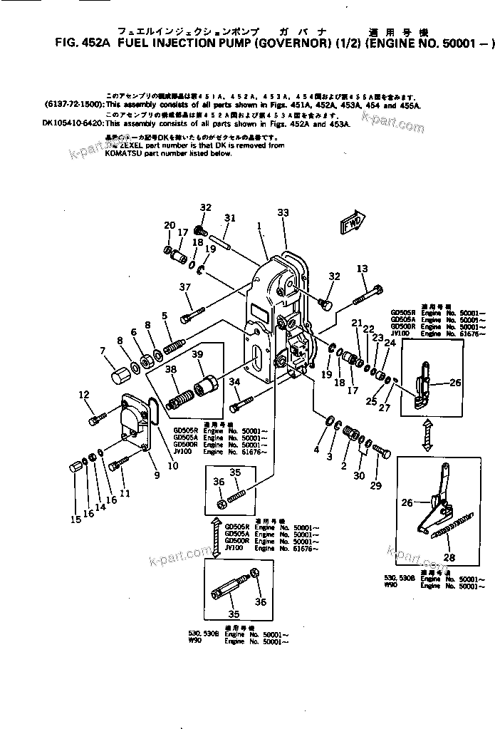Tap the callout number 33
(283, 212)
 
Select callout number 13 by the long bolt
(363, 269)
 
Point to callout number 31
(229, 217)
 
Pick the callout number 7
(103, 350)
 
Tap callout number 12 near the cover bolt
(84, 395)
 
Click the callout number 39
(197, 356)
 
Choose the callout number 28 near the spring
(448, 557)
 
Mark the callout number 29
(376, 486)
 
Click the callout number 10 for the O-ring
(172, 466)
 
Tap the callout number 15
(75, 519)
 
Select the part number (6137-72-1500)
(73, 104)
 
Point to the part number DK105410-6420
(71, 123)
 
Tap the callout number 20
(170, 226)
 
